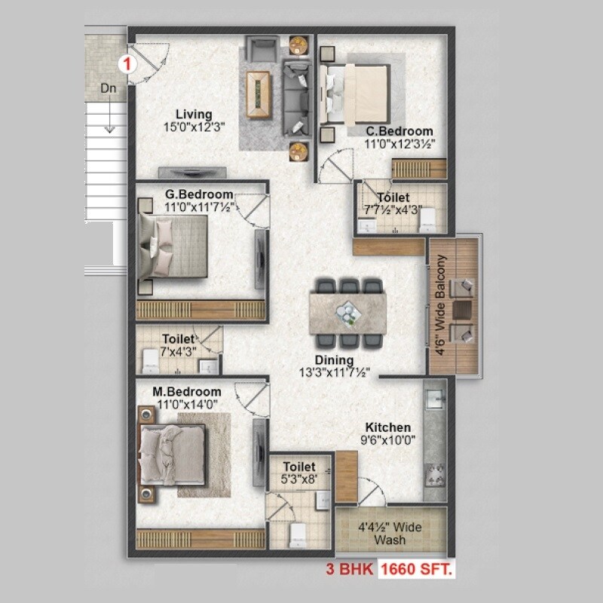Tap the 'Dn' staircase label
[x=109, y=88]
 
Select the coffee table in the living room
[x=260, y=94]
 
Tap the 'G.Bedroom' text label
[x=199, y=194]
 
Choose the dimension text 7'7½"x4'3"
[x=393, y=210]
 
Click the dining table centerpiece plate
[x=348, y=311]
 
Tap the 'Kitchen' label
[x=388, y=427]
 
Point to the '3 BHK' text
[x=350, y=569]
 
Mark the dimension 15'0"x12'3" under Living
[x=194, y=127]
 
